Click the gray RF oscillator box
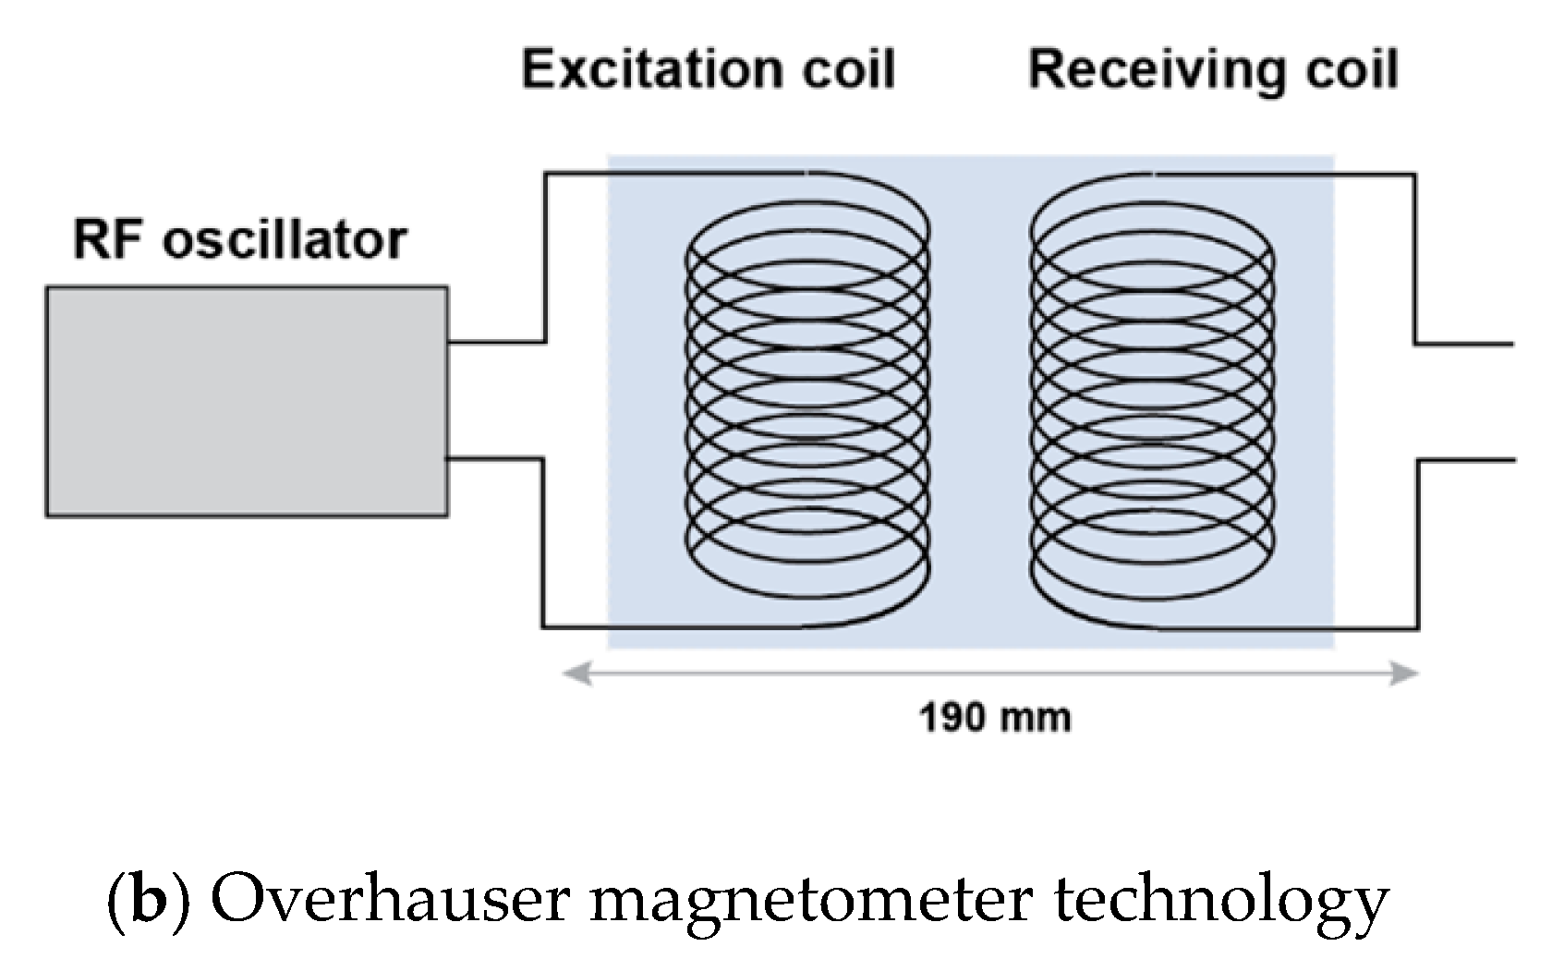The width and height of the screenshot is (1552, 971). click(247, 401)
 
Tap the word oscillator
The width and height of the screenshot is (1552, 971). click(285, 239)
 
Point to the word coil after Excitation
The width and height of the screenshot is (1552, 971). click(848, 69)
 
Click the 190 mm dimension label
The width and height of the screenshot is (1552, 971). click(995, 718)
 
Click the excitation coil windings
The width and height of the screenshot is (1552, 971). click(807, 397)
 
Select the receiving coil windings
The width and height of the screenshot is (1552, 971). click(1152, 397)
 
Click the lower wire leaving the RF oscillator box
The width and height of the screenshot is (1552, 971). click(494, 458)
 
